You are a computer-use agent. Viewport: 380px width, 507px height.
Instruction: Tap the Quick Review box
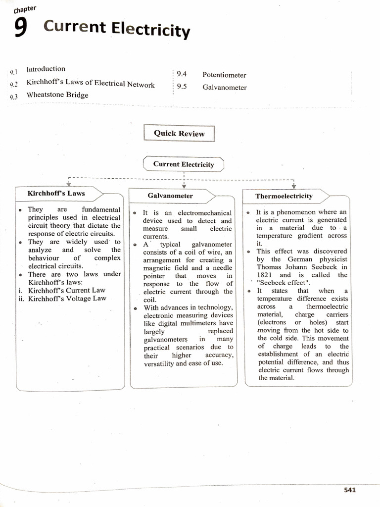pyautogui.click(x=179, y=133)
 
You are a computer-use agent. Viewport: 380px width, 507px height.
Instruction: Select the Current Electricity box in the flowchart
pyautogui.click(x=183, y=164)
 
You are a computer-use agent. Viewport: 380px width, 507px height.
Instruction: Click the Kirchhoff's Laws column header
pyautogui.click(x=56, y=193)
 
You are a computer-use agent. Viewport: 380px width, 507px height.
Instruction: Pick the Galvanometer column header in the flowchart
pyautogui.click(x=170, y=196)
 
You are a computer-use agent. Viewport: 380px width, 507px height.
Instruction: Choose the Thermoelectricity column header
pyautogui.click(x=284, y=196)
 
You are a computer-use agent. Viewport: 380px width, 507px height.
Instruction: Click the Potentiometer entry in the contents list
pyautogui.click(x=224, y=75)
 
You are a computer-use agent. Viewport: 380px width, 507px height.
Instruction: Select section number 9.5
pyautogui.click(x=181, y=87)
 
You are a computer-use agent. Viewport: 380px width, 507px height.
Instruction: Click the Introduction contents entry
pyautogui.click(x=46, y=69)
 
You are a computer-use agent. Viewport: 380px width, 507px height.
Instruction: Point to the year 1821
pyautogui.click(x=266, y=275)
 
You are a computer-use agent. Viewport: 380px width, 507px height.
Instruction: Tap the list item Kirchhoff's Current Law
pyautogui.click(x=66, y=290)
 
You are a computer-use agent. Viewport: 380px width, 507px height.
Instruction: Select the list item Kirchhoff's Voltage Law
pyautogui.click(x=67, y=299)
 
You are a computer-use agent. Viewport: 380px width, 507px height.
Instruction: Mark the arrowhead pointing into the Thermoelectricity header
pyautogui.click(x=294, y=186)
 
